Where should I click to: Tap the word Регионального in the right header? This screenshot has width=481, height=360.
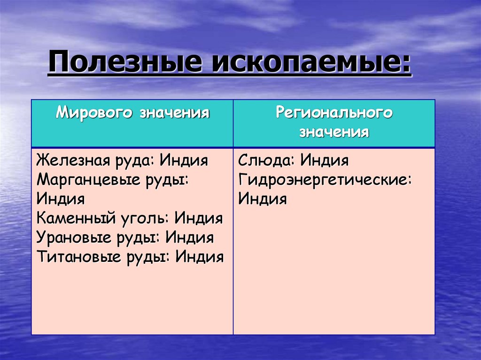(334, 113)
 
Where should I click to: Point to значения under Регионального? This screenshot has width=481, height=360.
(334, 132)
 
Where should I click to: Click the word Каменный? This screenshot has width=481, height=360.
(72, 218)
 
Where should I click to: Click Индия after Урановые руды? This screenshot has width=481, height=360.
(190, 237)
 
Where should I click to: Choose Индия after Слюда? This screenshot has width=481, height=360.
(325, 161)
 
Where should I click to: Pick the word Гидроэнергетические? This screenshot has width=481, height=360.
(324, 180)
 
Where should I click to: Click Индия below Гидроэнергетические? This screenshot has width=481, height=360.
(262, 199)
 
